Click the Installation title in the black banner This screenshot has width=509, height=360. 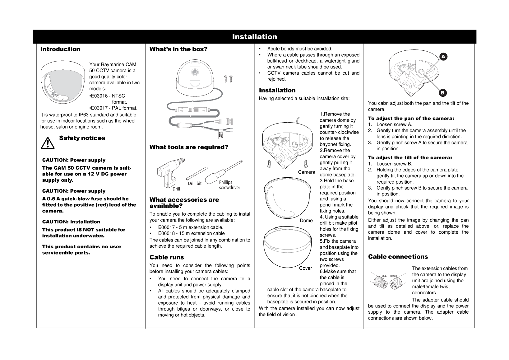(254, 37)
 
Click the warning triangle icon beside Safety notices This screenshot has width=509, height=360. (47, 143)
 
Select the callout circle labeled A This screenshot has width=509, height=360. (443, 56)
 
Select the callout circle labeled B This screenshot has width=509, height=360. (443, 93)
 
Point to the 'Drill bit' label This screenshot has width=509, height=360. (195, 184)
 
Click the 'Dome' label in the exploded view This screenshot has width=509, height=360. (306, 221)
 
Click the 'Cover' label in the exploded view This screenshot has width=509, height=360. (305, 268)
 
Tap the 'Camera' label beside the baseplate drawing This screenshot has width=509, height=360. (307, 172)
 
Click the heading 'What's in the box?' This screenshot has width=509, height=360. (178, 49)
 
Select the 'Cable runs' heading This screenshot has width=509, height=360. (167, 257)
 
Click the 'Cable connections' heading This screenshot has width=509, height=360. (398, 257)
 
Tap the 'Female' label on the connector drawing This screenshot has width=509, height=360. (394, 276)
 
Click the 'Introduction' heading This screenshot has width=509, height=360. (60, 49)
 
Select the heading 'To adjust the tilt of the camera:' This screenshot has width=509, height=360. (410, 158)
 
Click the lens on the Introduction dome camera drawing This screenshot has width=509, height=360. (53, 94)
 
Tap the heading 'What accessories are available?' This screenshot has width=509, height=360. (184, 203)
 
